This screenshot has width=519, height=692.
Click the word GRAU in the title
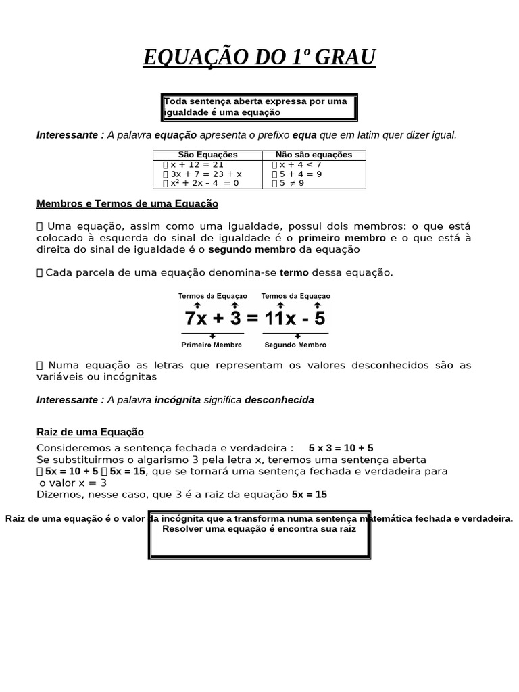point(343,57)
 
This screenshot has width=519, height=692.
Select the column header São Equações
point(207,155)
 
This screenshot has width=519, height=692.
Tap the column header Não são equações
point(314,155)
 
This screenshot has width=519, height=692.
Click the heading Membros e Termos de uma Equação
point(127,203)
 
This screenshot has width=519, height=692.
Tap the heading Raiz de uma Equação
point(90,432)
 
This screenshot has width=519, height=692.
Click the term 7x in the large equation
point(197,318)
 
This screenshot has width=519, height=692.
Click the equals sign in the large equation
point(253,318)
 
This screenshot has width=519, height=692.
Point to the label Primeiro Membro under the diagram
point(212,345)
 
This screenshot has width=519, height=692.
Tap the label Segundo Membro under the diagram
point(295,345)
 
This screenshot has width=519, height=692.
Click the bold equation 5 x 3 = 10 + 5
point(341,448)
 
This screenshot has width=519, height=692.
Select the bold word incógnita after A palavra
point(177,400)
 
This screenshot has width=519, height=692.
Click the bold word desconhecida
point(279,400)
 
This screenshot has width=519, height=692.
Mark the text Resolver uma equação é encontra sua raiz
point(259,528)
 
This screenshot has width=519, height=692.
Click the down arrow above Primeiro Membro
point(212,336)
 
